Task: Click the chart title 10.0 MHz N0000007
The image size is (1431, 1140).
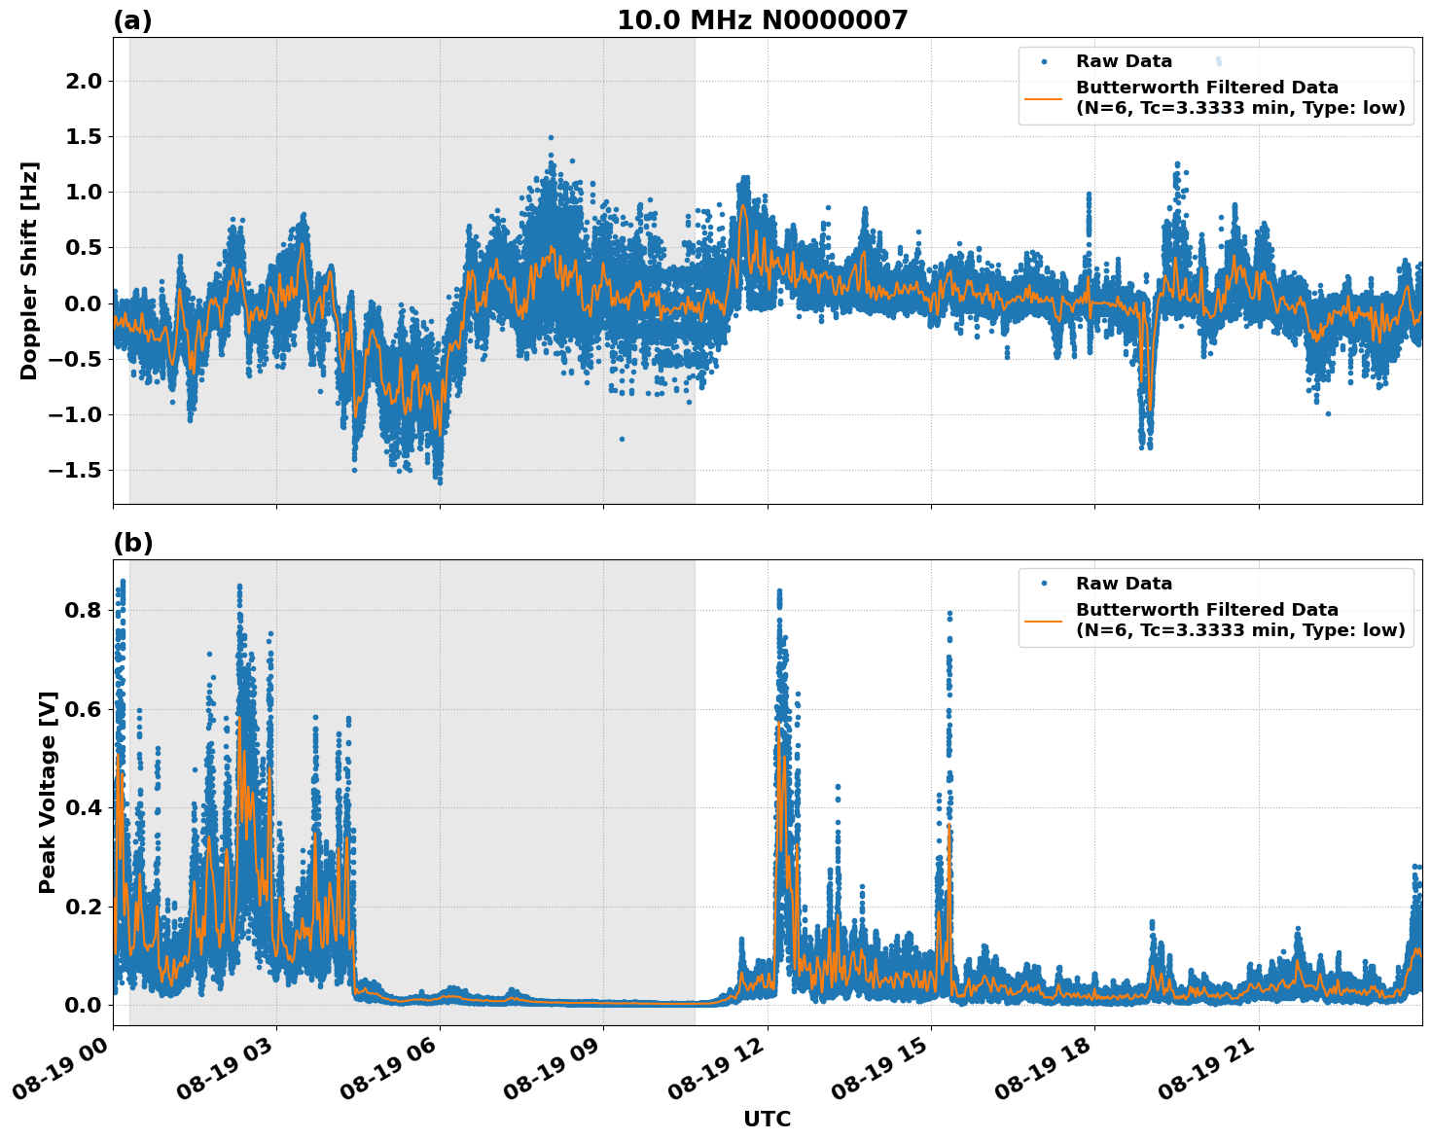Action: (762, 20)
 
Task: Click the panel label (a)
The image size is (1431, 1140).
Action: (132, 20)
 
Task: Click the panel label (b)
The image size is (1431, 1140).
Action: (132, 543)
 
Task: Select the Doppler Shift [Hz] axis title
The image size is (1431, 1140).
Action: (29, 270)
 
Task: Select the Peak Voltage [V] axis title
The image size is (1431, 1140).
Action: (48, 792)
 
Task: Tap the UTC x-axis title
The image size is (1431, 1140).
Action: (767, 1119)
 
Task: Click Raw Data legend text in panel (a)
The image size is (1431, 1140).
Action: (1124, 61)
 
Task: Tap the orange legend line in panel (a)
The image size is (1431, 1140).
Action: (1043, 97)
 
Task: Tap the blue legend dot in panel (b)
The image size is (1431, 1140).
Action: (1043, 584)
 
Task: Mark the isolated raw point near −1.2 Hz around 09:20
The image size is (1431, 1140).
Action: (622, 439)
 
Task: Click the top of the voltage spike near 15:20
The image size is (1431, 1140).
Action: (949, 614)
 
